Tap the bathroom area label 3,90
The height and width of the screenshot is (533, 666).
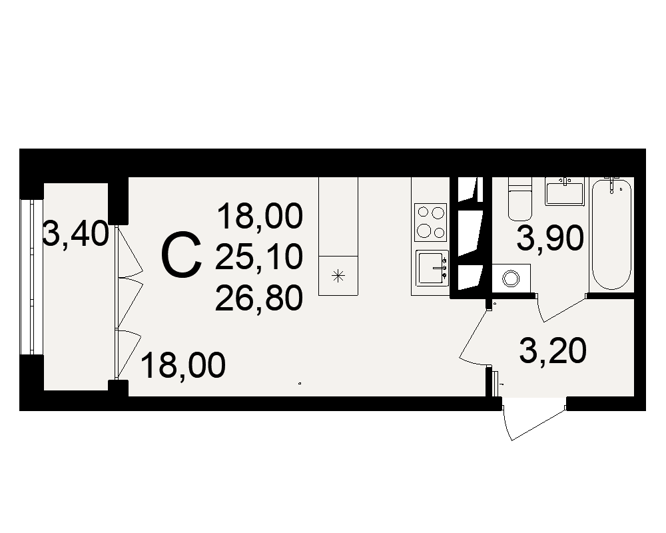point(550,239)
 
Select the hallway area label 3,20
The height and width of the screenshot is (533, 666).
point(553,351)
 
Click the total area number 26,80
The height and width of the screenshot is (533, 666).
point(259,298)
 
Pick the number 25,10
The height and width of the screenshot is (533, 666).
point(259,257)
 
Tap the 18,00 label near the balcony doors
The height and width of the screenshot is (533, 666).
point(182,366)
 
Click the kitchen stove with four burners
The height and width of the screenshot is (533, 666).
point(431,223)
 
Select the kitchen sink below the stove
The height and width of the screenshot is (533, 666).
point(432,268)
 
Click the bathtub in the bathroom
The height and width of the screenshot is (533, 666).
point(611,235)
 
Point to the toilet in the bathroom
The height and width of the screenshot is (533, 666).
point(520,199)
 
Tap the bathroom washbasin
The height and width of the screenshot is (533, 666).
point(565,191)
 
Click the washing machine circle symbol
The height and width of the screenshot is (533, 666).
point(511,279)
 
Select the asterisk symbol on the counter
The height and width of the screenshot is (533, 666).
point(338,276)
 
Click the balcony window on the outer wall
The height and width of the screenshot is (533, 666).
point(31,276)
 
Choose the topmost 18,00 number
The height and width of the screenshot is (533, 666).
point(260,217)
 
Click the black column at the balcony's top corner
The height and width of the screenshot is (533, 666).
point(118,201)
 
